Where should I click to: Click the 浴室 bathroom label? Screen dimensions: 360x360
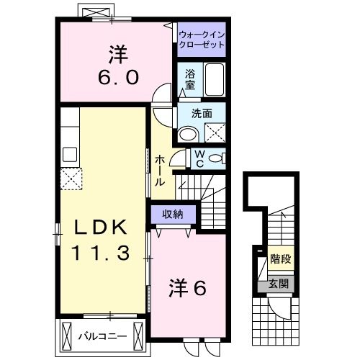pos(190,78)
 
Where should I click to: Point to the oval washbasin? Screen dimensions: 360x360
pos(187,132)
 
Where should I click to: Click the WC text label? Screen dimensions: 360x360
pos(198,158)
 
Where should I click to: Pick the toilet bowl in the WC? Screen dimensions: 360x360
pos(218,158)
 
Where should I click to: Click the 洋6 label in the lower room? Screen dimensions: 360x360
pos(188,288)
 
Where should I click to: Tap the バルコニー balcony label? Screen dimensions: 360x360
pos(103,336)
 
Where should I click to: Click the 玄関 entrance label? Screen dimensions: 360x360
pos(279,284)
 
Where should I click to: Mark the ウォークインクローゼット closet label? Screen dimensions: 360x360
pos(201,38)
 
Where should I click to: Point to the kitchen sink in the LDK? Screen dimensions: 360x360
pos(70,153)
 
